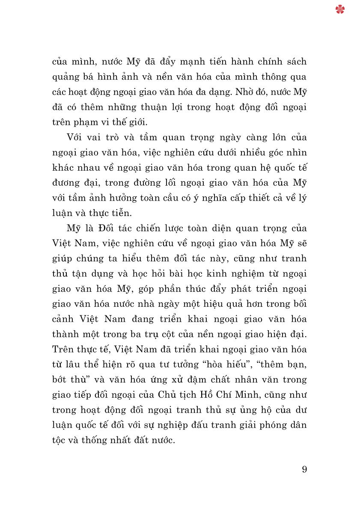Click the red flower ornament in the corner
[340, 9]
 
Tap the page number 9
[304, 469]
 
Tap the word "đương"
[66, 183]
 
